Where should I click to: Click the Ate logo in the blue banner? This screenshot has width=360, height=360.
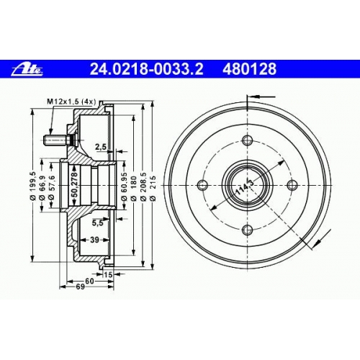[27, 70]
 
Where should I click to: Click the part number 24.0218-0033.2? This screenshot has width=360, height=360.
[146, 69]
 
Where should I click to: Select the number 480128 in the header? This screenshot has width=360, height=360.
[250, 69]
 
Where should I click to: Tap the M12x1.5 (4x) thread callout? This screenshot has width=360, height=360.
[71, 102]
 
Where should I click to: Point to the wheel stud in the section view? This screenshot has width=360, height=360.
[58, 140]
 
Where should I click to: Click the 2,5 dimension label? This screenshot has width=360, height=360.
[101, 147]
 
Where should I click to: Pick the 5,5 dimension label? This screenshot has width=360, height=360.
[98, 223]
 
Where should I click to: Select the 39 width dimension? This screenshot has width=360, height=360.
[94, 240]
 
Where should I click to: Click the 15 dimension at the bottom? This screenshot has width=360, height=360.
[108, 274]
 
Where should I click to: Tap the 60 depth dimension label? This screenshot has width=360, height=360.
[89, 281]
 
